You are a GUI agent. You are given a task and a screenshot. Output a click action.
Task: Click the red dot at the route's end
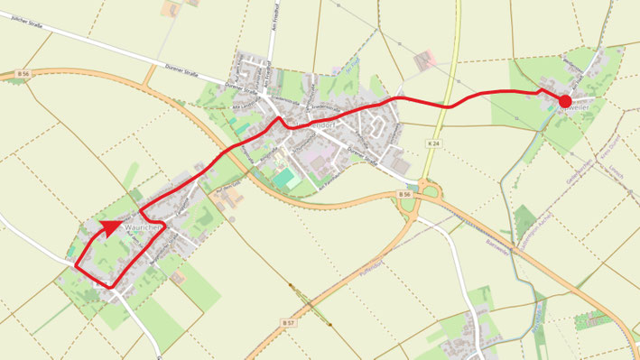[565, 102]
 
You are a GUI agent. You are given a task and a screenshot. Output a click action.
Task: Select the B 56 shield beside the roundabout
[403, 194]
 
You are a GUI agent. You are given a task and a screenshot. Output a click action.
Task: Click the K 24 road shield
[434, 144]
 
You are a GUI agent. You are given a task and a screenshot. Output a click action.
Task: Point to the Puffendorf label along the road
[371, 260]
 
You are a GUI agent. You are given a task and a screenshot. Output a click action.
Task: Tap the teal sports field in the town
[287, 179]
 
